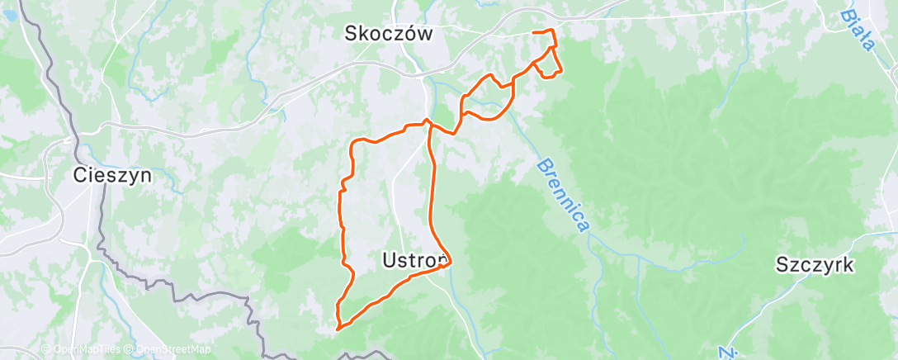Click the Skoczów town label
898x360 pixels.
tap(389, 33)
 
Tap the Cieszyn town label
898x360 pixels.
tap(111, 175)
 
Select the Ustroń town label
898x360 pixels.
tap(415, 260)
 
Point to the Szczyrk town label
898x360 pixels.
tap(814, 265)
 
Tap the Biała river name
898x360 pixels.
tap(858, 31)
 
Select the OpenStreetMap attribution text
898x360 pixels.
tap(172, 350)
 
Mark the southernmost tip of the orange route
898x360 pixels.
tap(338, 329)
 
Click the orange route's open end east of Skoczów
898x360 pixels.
tap(533, 31)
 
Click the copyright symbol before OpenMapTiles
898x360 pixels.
tap(46, 350)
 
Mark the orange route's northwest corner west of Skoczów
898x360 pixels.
tap(354, 144)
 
